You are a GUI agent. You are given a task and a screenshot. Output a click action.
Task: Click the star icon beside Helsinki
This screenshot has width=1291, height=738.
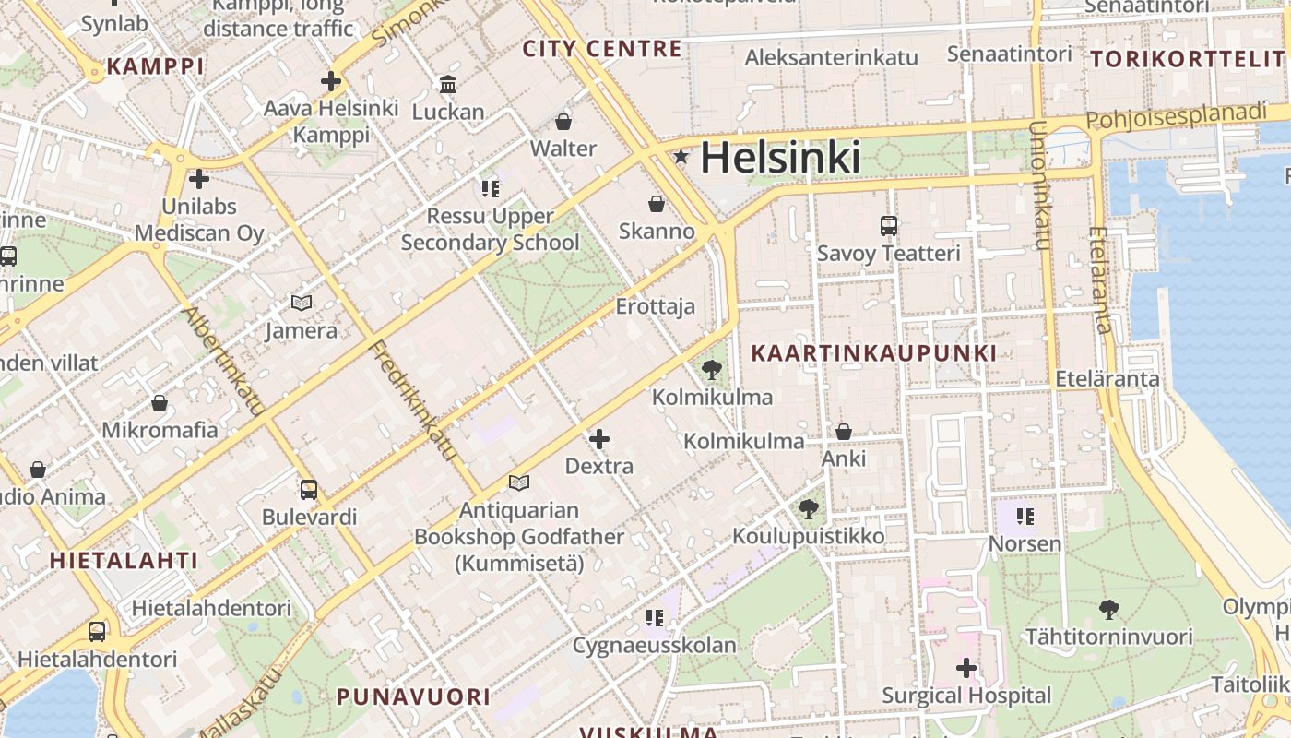pyautogui.click(x=681, y=157)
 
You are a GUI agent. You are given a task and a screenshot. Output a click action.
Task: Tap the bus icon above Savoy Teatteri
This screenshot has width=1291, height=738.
pyautogui.click(x=889, y=225)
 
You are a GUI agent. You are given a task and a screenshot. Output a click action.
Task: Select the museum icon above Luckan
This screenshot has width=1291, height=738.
pyautogui.click(x=448, y=85)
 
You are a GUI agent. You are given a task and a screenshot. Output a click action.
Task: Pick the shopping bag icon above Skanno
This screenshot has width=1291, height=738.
pyautogui.click(x=657, y=203)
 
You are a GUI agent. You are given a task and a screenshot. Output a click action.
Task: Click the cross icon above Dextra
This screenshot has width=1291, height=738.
pyautogui.click(x=599, y=438)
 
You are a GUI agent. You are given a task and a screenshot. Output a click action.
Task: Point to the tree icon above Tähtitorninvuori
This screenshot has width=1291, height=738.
pyautogui.click(x=1109, y=609)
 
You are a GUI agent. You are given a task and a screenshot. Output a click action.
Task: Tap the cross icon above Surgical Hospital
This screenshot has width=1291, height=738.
pyautogui.click(x=966, y=667)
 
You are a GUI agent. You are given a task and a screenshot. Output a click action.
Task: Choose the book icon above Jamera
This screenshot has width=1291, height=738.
pyautogui.click(x=302, y=303)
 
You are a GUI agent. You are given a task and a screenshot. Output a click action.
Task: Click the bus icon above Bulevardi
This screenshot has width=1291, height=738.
pyautogui.click(x=309, y=489)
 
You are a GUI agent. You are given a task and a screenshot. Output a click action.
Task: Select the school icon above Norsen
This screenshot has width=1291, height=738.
pyautogui.click(x=1025, y=516)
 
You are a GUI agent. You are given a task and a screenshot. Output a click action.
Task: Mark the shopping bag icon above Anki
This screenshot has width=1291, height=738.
pyautogui.click(x=844, y=431)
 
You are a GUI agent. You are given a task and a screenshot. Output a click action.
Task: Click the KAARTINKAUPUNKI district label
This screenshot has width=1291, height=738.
pyautogui.click(x=873, y=353)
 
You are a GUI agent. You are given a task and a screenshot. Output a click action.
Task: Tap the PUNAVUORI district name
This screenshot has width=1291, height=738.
pyautogui.click(x=413, y=696)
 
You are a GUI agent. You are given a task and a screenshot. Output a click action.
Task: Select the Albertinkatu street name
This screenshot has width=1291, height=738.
pyautogui.click(x=224, y=360)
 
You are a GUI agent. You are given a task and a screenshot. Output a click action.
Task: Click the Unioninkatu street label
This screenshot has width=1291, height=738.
pyautogui.click(x=1040, y=184)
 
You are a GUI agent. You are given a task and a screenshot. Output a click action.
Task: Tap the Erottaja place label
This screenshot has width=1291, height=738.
pyautogui.click(x=656, y=306)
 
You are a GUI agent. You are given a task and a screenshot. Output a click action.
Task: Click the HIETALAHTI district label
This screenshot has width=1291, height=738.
pyautogui.click(x=124, y=560)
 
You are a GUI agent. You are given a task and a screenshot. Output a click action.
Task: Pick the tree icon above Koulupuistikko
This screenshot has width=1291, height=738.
pyautogui.click(x=809, y=508)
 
